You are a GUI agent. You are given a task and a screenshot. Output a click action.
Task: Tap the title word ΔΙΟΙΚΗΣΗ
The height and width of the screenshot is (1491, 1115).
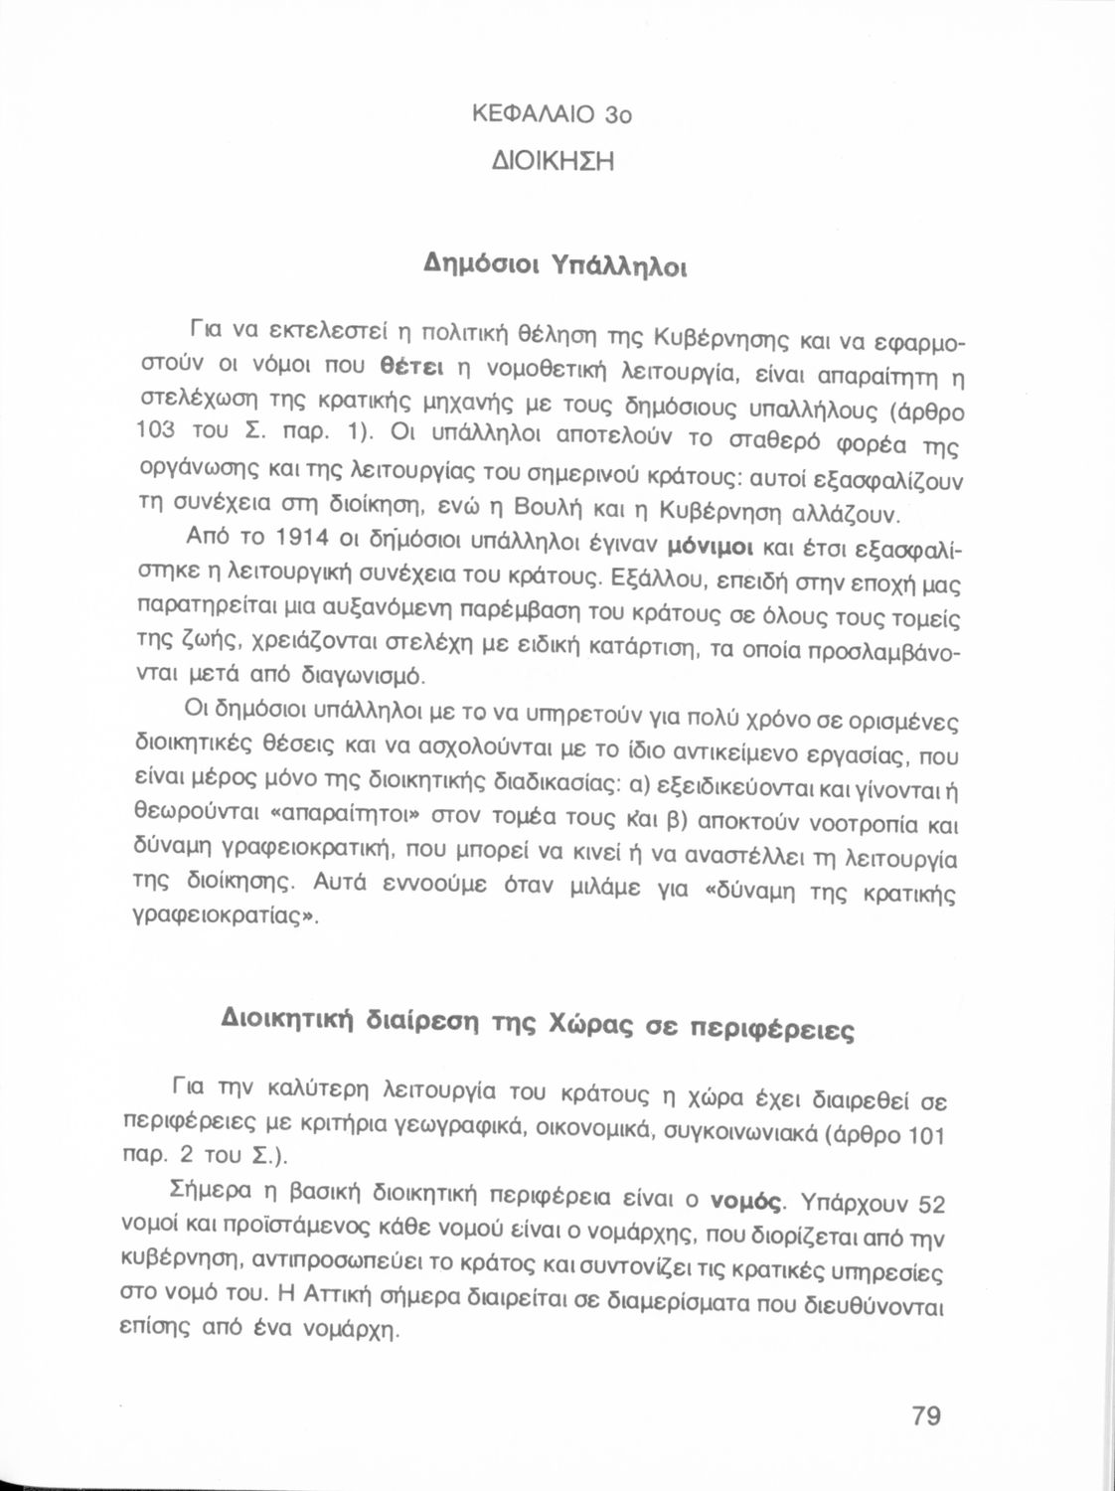pos(554,160)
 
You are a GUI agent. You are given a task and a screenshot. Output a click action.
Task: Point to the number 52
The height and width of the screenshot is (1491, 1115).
pos(931,1205)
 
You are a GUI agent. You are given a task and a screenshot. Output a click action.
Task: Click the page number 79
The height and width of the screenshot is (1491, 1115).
pos(925,1415)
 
